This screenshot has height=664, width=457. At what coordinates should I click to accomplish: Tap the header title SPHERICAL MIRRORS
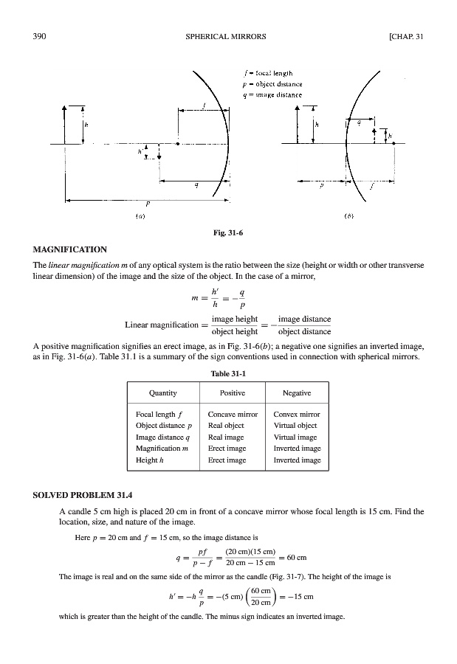tap(227, 35)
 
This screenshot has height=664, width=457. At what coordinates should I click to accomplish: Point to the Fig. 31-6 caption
tap(227, 234)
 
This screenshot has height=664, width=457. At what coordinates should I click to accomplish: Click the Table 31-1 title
tap(227, 374)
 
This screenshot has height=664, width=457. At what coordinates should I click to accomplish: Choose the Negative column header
tap(297, 393)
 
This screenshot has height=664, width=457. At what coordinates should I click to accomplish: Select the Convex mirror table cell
tap(296, 415)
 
